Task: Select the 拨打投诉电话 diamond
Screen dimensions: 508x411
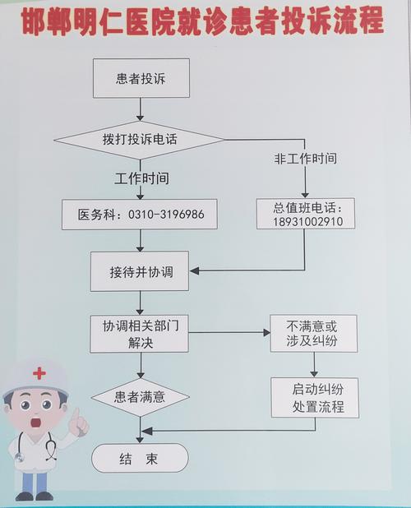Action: [141, 140]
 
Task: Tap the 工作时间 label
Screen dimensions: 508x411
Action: [141, 178]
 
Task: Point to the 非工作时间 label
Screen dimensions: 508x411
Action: [305, 158]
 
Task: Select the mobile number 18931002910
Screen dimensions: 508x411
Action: [302, 222]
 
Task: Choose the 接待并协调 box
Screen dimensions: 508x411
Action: [141, 271]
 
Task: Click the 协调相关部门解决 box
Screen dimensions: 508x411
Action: [141, 333]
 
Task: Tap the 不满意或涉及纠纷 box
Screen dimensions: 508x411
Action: [313, 333]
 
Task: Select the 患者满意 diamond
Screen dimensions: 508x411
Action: [141, 397]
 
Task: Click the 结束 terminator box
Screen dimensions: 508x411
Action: [140, 458]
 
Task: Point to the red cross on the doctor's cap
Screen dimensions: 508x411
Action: [39, 373]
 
